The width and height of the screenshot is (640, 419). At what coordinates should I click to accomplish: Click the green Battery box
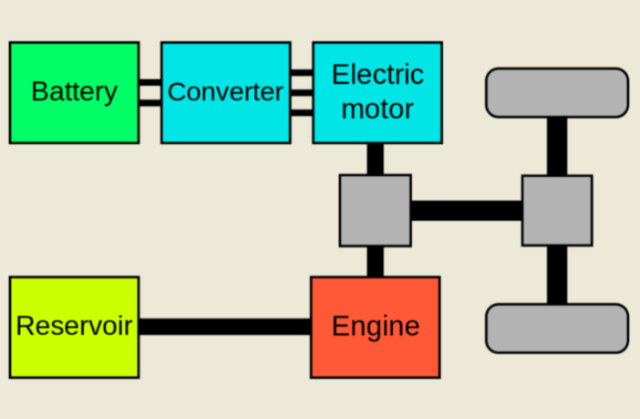[x=74, y=92]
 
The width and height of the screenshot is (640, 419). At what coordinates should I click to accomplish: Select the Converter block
[x=225, y=92]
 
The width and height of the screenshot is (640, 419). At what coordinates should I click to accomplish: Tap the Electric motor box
[x=377, y=92]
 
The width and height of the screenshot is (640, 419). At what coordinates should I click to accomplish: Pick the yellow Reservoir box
[x=74, y=327]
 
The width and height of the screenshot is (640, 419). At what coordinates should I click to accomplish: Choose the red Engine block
[x=375, y=327]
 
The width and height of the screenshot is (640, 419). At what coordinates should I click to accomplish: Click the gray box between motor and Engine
[x=375, y=211]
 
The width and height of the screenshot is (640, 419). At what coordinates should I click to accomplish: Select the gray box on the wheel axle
[x=556, y=211]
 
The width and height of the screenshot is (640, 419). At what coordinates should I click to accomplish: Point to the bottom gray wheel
[x=556, y=329]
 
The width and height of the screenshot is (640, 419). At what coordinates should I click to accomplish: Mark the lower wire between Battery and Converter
[x=150, y=102]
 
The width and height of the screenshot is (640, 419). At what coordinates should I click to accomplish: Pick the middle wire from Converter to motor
[x=301, y=92]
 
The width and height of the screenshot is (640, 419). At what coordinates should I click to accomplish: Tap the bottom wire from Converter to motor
[x=301, y=111]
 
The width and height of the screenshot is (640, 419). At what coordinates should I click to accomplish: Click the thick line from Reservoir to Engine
[x=224, y=327]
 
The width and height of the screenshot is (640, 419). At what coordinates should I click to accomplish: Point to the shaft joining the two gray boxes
[x=466, y=211]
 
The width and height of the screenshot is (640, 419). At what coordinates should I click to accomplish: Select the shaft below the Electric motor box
[x=375, y=159]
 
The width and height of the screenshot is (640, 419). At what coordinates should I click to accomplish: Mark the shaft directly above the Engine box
[x=375, y=262]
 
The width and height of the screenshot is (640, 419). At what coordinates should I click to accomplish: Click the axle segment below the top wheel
[x=556, y=147]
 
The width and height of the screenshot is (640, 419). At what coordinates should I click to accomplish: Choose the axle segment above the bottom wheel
[x=556, y=275]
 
